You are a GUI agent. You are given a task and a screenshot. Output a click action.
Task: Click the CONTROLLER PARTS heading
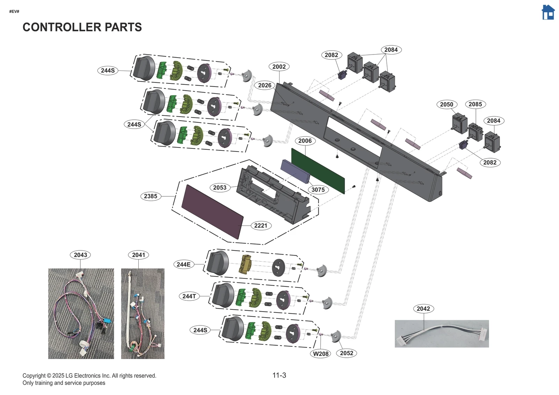pyautogui.click(x=82, y=27)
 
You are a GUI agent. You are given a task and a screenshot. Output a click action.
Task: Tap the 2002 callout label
pyautogui.click(x=279, y=67)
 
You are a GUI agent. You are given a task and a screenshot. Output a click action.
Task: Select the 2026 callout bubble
pyautogui.click(x=264, y=85)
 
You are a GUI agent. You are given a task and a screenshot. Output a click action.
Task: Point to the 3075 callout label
pyautogui.click(x=318, y=190)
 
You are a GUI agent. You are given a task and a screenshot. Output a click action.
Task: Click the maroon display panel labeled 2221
pyautogui.click(x=212, y=212)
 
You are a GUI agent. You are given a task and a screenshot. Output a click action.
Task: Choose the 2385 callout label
pyautogui.click(x=151, y=196)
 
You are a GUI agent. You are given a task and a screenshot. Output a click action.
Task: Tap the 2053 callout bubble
pyautogui.click(x=220, y=188)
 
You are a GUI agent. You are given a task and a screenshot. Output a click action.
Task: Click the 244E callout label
pyautogui.click(x=183, y=264)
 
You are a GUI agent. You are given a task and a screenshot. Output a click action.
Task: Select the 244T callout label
pyautogui.click(x=189, y=296)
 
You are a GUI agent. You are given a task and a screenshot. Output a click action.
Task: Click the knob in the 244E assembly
pyautogui.click(x=217, y=263)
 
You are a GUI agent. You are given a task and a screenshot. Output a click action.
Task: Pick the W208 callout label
pyautogui.click(x=320, y=354)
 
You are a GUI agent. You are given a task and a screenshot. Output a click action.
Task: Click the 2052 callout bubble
pyautogui.click(x=346, y=353)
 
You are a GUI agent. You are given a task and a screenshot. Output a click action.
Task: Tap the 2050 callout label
pyautogui.click(x=446, y=104)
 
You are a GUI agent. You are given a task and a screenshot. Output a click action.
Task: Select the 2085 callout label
pyautogui.click(x=475, y=104)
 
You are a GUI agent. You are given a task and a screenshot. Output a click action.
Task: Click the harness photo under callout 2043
pyautogui.click(x=81, y=313)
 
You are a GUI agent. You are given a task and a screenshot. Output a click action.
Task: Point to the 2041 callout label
pyautogui.click(x=138, y=255)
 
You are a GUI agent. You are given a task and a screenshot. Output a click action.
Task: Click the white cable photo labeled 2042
pyautogui.click(x=442, y=334)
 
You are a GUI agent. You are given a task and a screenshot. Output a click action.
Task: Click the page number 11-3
pyautogui.click(x=279, y=375)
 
